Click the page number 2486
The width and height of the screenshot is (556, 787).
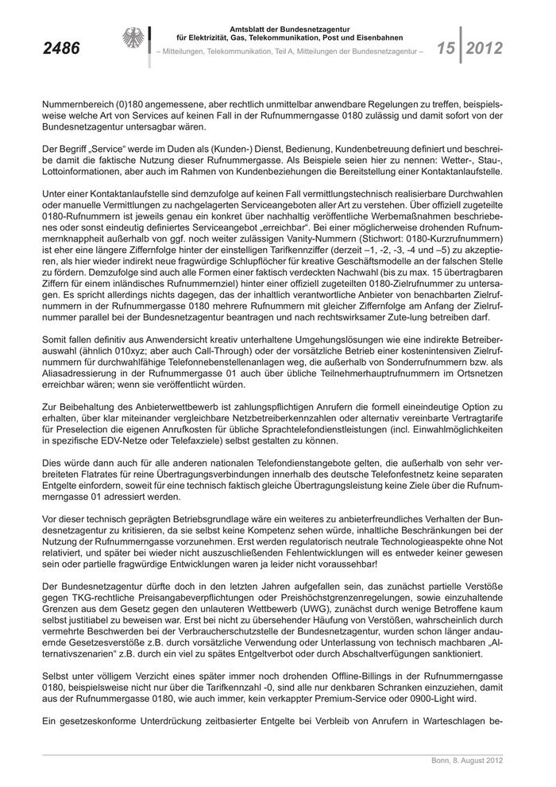[x=60, y=48]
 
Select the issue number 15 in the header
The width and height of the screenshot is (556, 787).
[x=446, y=48]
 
